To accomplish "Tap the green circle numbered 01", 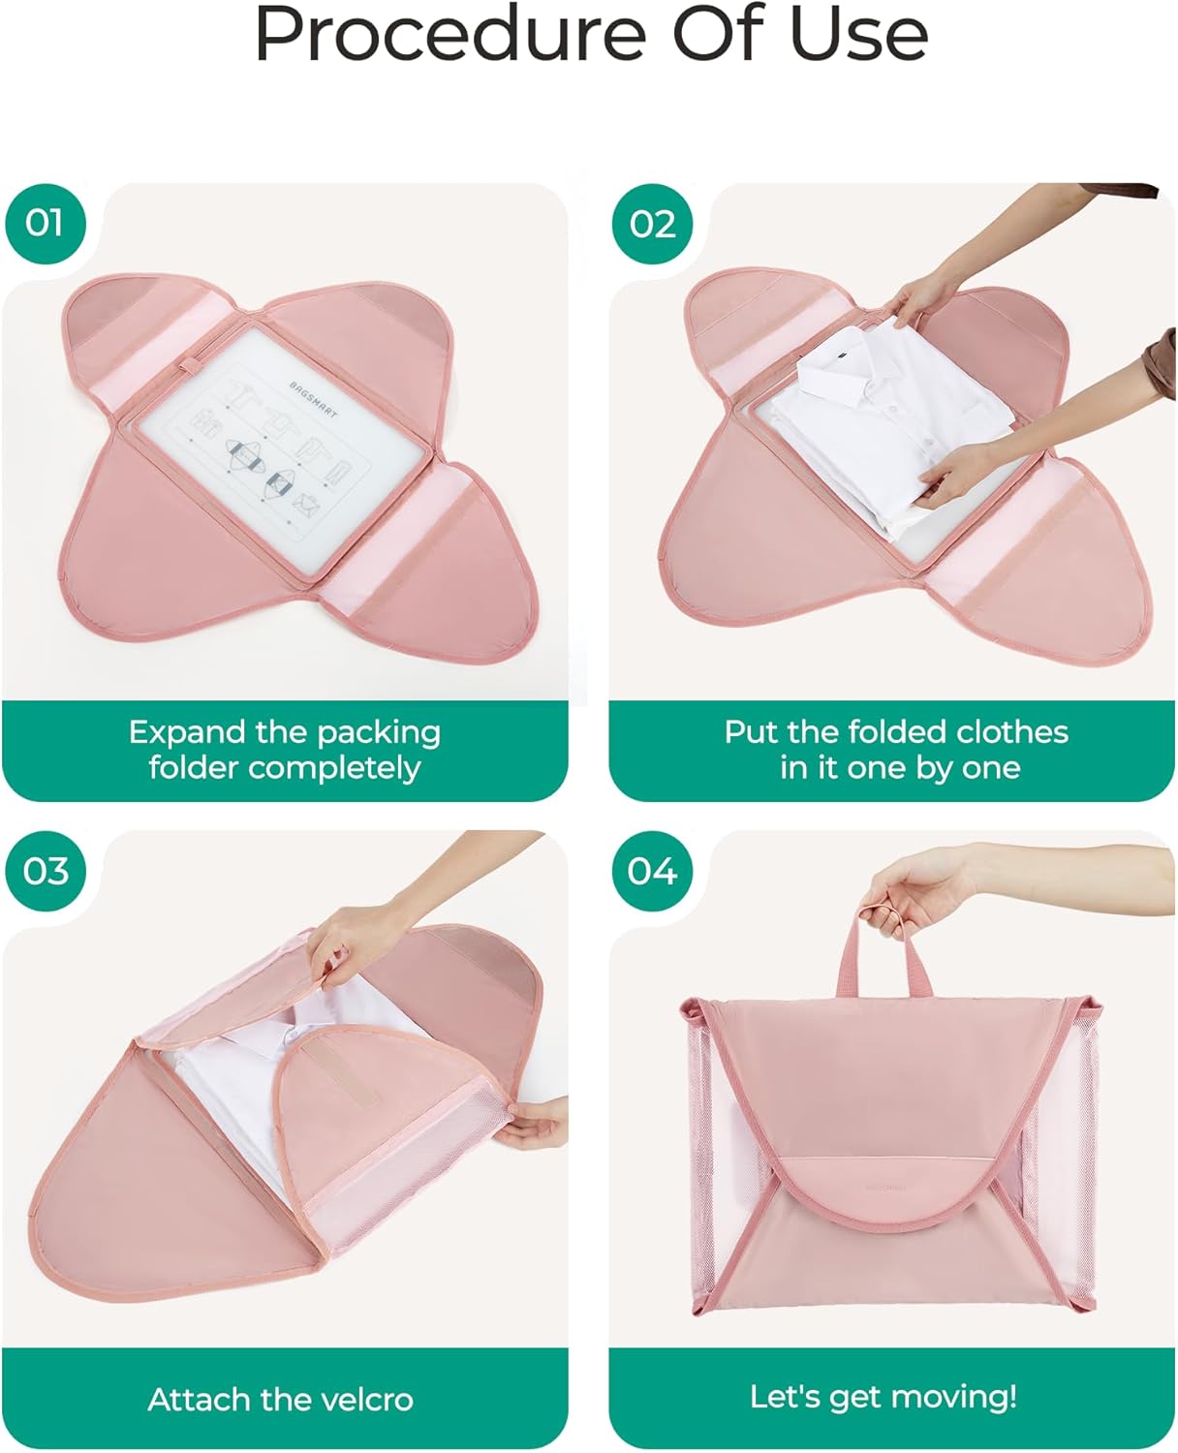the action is (x=46, y=223).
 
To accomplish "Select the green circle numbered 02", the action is (x=652, y=223).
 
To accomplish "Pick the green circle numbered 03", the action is (x=46, y=871).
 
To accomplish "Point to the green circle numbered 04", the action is (x=652, y=871).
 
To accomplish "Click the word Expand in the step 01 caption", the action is (x=187, y=733).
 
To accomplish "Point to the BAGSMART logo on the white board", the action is (x=313, y=400).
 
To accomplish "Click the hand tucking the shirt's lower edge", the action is (x=955, y=477).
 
